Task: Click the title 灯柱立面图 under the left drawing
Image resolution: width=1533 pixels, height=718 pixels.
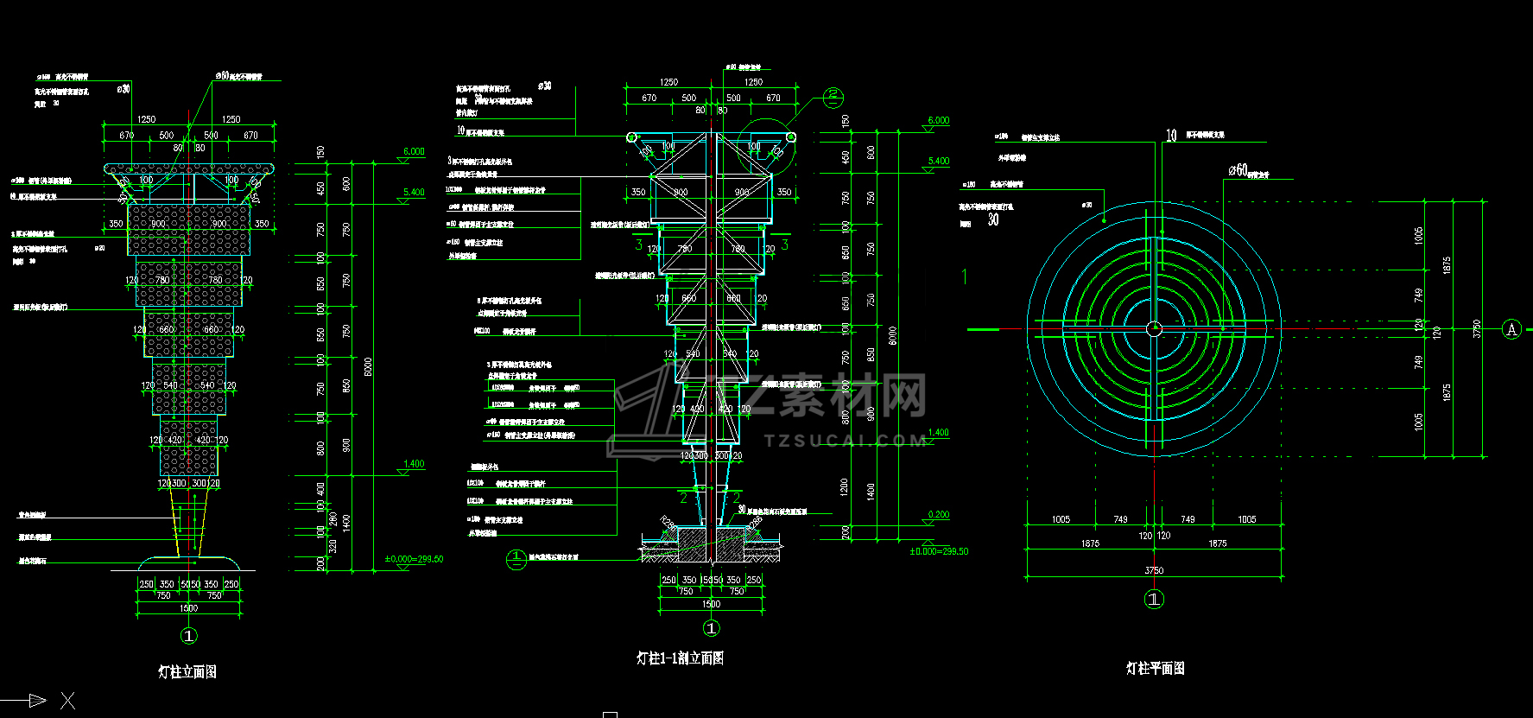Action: (x=187, y=671)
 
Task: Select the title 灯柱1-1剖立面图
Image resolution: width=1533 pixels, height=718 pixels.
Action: (x=680, y=658)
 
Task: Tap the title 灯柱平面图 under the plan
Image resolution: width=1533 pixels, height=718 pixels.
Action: (x=1155, y=668)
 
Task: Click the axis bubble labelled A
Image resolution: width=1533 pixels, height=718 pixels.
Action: (x=1511, y=329)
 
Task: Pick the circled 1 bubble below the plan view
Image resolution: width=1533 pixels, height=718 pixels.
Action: (x=1154, y=599)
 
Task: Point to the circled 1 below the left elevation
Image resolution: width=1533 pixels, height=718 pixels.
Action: (x=189, y=636)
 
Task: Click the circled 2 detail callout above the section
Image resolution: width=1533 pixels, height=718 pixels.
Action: (x=833, y=97)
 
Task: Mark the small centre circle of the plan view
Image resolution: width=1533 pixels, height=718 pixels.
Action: (x=1154, y=328)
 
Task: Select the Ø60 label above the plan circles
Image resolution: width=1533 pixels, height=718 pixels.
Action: (x=1238, y=170)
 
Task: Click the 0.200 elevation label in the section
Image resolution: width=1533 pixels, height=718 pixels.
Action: (x=939, y=514)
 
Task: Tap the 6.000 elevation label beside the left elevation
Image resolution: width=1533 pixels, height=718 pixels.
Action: (x=414, y=151)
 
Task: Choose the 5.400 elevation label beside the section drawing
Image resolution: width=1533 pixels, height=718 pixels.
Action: (x=939, y=161)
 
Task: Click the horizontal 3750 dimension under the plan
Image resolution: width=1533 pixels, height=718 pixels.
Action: (x=1154, y=570)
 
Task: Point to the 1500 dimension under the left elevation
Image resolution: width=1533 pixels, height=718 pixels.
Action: (x=188, y=608)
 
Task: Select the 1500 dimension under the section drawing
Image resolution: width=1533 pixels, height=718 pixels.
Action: (x=711, y=604)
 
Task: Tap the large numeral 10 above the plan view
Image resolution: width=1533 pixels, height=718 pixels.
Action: (x=1171, y=135)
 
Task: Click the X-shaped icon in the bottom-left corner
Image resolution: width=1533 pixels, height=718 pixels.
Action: (x=67, y=701)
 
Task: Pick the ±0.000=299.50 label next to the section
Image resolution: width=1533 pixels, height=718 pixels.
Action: (x=939, y=551)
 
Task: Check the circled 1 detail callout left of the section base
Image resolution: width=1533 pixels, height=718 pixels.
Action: (x=516, y=559)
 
